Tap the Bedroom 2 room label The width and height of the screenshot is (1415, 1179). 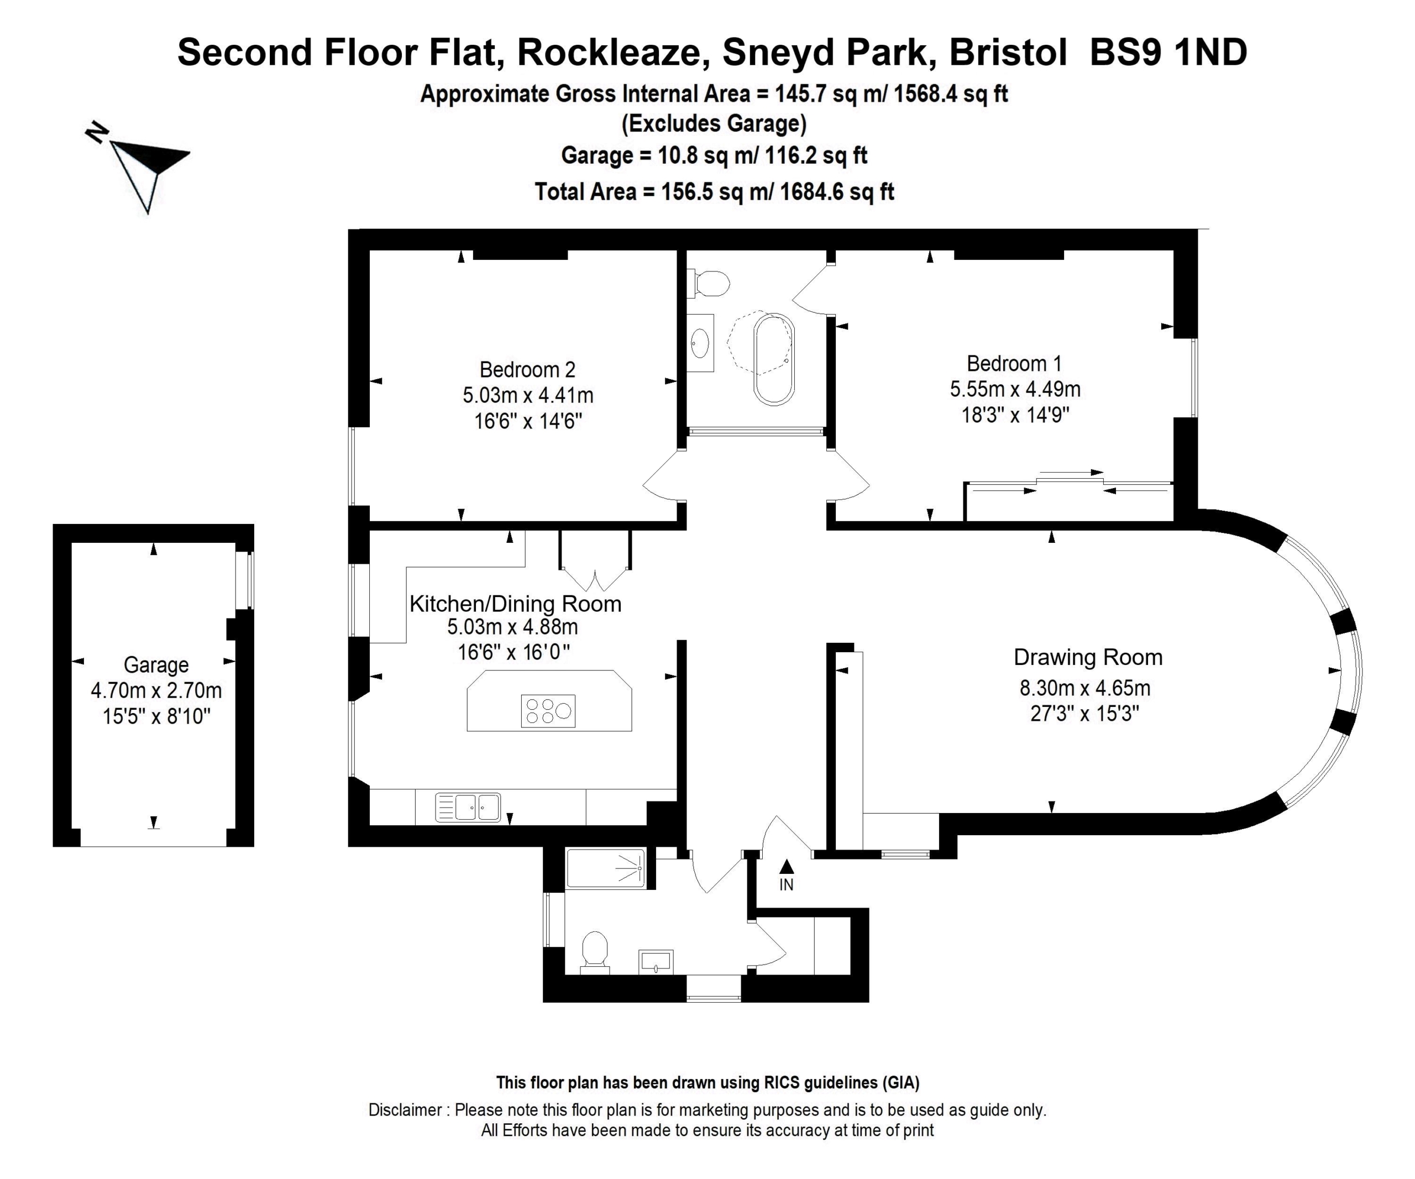[528, 369]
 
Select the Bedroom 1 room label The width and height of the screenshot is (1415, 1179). [1014, 364]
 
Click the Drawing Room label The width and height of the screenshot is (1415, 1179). [1088, 658]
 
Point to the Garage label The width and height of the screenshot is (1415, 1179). [156, 665]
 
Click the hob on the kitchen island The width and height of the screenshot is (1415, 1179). [548, 711]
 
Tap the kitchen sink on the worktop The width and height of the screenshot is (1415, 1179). [468, 806]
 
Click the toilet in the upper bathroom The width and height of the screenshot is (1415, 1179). [708, 284]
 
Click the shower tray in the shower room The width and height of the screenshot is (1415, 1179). [606, 868]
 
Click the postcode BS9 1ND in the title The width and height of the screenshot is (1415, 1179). [1168, 52]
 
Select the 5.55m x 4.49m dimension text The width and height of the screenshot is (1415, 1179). [1015, 389]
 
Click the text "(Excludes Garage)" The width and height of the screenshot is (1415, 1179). [714, 124]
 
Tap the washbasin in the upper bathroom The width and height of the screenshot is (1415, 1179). [700, 343]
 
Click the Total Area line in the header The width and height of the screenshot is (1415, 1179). [714, 192]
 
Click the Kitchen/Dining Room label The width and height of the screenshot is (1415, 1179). [516, 604]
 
